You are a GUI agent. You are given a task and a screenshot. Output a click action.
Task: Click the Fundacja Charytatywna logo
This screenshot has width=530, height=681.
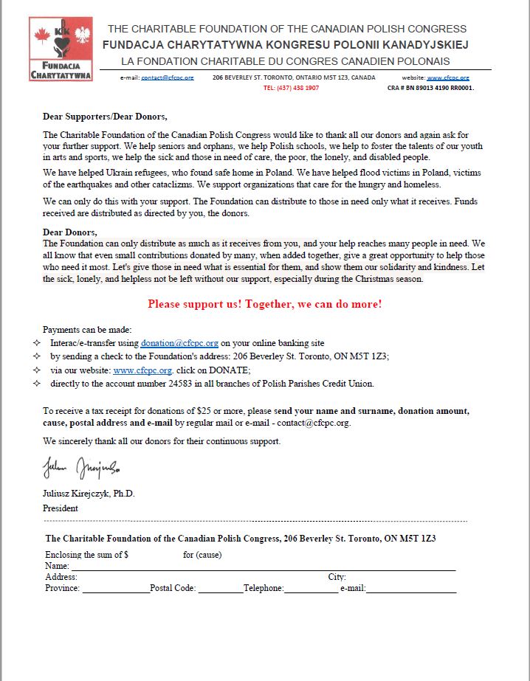(61, 49)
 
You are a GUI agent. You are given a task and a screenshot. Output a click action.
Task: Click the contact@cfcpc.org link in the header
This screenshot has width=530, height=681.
(168, 77)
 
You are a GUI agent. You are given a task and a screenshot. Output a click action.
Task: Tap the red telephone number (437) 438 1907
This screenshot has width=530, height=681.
(291, 88)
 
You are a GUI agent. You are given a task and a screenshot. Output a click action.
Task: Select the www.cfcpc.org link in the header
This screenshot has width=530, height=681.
(447, 77)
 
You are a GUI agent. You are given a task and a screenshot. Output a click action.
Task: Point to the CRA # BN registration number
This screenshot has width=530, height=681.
(430, 88)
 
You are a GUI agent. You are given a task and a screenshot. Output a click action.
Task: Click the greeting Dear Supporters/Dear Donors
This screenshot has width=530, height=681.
(105, 117)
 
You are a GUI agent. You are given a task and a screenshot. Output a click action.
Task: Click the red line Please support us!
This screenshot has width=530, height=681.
(264, 304)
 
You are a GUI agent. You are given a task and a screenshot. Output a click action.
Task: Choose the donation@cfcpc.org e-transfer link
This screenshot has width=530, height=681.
(179, 343)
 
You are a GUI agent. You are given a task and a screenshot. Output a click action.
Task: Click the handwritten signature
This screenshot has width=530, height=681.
(80, 468)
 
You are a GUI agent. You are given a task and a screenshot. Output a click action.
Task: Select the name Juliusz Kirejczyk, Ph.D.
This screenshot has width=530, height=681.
(89, 494)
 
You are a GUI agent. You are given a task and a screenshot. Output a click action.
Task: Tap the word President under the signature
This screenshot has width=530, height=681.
(61, 508)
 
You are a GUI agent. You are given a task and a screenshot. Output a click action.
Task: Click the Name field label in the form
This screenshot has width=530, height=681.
(56, 566)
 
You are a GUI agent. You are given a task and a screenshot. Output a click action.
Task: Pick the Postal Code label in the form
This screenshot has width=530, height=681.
(172, 588)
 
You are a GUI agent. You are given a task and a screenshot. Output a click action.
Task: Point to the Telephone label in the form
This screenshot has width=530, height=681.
(263, 588)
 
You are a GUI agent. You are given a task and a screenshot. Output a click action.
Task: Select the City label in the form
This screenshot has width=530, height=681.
(337, 577)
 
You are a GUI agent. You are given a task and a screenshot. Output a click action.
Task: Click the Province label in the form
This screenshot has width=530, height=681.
(62, 588)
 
